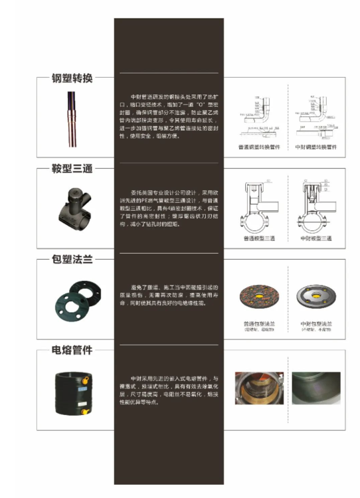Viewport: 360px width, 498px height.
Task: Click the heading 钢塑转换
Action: pyautogui.click(x=72, y=78)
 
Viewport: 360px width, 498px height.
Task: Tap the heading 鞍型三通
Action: pyautogui.click(x=72, y=169)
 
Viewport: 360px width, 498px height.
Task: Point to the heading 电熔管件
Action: pyautogui.click(x=72, y=350)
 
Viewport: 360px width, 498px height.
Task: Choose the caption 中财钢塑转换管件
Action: pyautogui.click(x=315, y=147)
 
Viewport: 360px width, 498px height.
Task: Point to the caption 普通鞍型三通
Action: pyautogui.click(x=259, y=237)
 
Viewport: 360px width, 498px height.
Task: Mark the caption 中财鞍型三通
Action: pyautogui.click(x=315, y=237)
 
